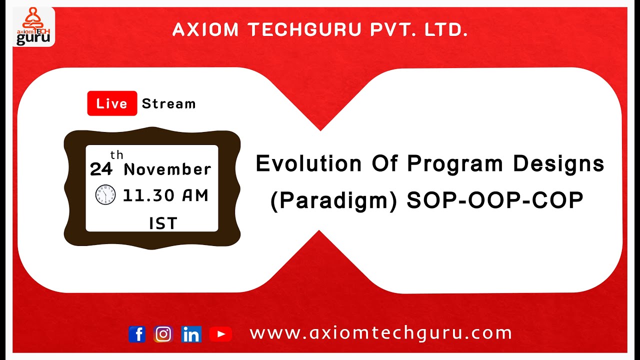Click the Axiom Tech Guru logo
33,26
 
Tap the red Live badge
112,103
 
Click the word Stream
168,104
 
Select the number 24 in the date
101,170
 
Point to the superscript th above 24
116,155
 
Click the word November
167,169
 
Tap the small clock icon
105,194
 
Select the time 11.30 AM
165,196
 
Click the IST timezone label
163,223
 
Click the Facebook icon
137,334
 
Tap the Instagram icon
163,334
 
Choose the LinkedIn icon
191,334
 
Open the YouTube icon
220,334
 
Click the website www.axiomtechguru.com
380,333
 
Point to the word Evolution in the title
308,164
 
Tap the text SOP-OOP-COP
495,201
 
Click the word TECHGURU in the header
305,30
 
